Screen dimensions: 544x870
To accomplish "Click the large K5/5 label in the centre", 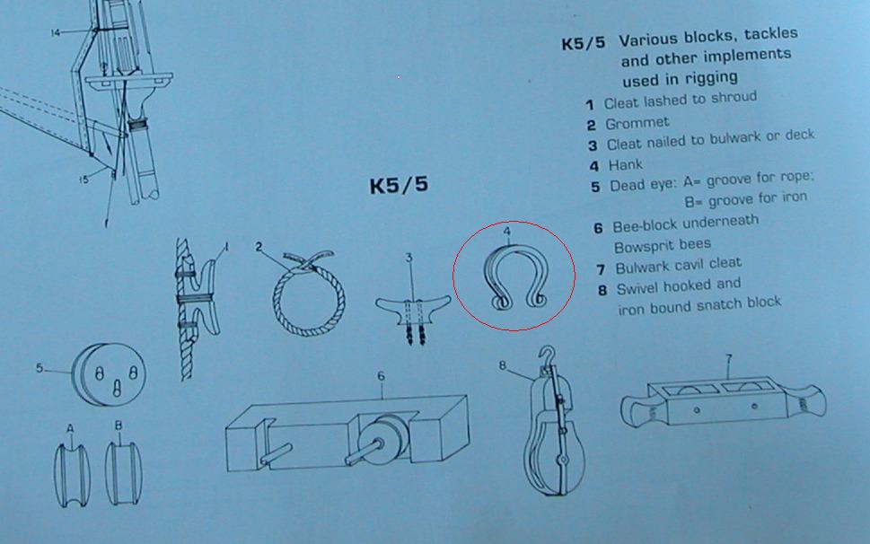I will coord(399,186).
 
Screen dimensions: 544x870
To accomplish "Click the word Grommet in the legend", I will coord(637,124).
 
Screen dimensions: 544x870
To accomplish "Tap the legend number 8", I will coord(602,290).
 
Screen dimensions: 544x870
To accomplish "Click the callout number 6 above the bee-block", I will coord(382,378).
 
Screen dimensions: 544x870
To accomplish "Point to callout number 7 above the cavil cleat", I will coord(729,359).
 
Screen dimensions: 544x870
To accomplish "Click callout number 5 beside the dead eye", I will coord(40,368).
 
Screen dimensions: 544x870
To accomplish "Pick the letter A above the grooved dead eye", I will coord(69,427).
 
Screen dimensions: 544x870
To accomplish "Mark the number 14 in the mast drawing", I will coord(56,32).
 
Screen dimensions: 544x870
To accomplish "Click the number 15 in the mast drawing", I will coord(83,180).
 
